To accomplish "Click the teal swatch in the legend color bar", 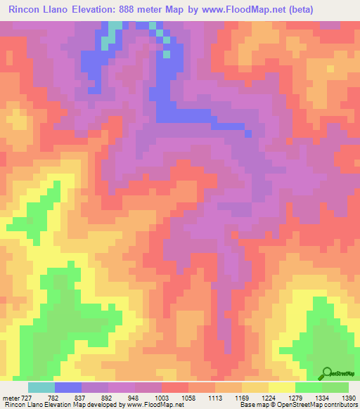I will tap(41, 387).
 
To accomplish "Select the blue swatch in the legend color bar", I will tap(68, 387).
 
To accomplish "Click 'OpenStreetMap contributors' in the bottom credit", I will tap(321, 405).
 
